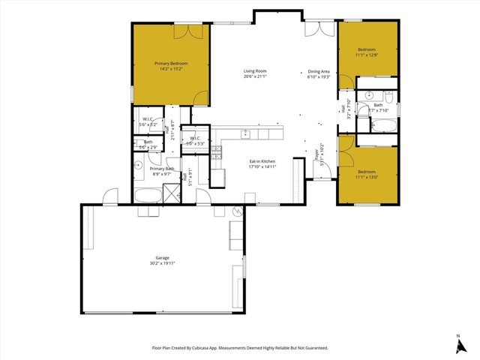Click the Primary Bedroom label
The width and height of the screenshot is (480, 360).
(171, 64)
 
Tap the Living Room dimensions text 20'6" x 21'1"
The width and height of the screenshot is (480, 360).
(255, 76)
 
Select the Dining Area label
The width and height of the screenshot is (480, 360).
(319, 71)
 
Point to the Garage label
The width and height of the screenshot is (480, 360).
(163, 258)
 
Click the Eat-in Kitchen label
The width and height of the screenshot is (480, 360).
(262, 161)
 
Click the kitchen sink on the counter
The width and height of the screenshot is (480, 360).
(246, 133)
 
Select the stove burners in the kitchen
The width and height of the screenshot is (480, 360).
(216, 150)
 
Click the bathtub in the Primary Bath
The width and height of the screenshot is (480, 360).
(147, 196)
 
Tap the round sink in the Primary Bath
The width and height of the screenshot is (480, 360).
(139, 166)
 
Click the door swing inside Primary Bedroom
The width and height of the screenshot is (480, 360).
(199, 97)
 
